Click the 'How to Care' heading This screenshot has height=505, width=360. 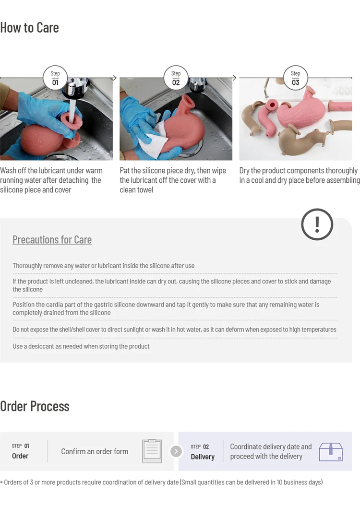pyautogui.click(x=29, y=27)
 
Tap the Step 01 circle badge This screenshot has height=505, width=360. pyautogui.click(x=55, y=78)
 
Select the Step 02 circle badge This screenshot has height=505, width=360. pyautogui.click(x=176, y=78)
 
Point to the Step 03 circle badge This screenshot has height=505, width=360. pyautogui.click(x=295, y=78)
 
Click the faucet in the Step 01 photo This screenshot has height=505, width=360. pyautogui.click(x=77, y=89)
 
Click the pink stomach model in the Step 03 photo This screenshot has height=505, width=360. pyautogui.click(x=293, y=116)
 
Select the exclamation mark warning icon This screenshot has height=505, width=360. pyautogui.click(x=317, y=224)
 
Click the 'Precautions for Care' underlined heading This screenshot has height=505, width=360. pyautogui.click(x=52, y=240)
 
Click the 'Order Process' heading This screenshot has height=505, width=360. pyautogui.click(x=35, y=406)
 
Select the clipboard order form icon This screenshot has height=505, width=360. pyautogui.click(x=152, y=451)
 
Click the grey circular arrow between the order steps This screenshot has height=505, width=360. pyautogui.click(x=176, y=451)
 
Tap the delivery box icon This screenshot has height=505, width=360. pyautogui.click(x=331, y=451)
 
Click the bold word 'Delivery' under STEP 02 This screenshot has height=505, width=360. pyautogui.click(x=203, y=457)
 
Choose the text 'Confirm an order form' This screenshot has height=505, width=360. pyautogui.click(x=95, y=451)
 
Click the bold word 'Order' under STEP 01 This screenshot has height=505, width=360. pyautogui.click(x=20, y=456)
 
